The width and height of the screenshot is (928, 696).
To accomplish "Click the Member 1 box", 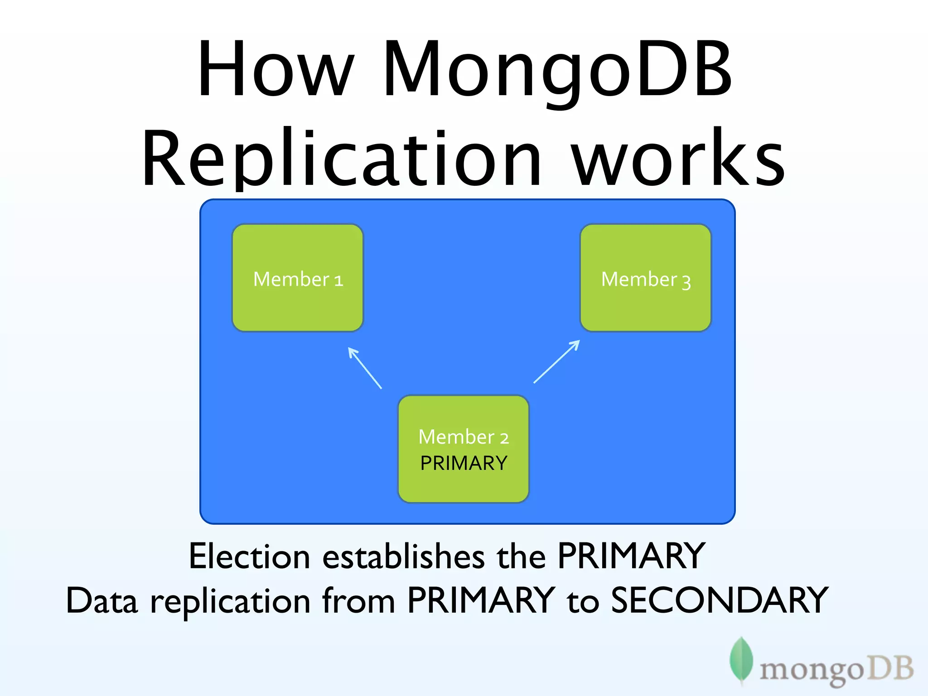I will click(x=298, y=278).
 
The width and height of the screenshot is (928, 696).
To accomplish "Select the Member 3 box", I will click(x=646, y=278).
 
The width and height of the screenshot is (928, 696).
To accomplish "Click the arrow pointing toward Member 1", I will click(x=365, y=367).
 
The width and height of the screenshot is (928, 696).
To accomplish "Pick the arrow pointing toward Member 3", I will click(x=557, y=361).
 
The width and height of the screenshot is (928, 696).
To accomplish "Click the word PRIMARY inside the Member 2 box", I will click(x=464, y=463).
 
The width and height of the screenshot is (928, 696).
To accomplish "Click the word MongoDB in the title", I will click(x=557, y=70).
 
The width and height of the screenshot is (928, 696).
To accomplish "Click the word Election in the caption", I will click(x=249, y=556).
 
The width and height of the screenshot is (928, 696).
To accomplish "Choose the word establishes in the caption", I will click(x=403, y=556).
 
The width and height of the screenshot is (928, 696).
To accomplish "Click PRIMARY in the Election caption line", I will click(x=631, y=556).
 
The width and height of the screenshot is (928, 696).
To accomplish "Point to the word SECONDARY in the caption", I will click(x=720, y=600).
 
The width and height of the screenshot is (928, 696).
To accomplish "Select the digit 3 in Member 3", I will click(x=686, y=282).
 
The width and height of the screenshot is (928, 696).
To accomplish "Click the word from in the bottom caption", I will click(x=358, y=600).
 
